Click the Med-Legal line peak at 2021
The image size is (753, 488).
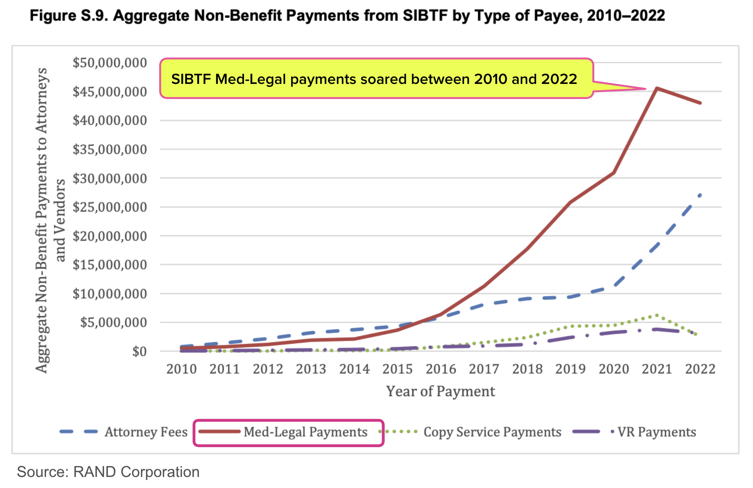coord(657,88)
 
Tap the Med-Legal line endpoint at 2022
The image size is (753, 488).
coord(700,103)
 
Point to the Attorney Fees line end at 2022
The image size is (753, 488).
coord(700,194)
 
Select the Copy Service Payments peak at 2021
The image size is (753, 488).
coord(657,315)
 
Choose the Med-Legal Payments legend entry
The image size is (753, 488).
coord(288,432)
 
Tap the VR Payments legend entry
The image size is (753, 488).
coord(635,432)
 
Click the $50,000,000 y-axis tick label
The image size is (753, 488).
coord(110,63)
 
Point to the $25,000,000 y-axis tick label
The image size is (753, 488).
coord(110,207)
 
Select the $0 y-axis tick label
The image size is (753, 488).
coord(139,351)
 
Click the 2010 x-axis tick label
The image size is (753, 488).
coord(181,369)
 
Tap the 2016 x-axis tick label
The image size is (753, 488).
coord(441,369)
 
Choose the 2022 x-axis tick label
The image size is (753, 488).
coord(700,369)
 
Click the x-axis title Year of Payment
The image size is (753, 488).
coord(441,391)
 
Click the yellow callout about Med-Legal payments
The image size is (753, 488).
coord(375,79)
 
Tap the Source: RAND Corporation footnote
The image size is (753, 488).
coord(108,472)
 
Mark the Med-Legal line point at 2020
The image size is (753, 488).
coord(614,172)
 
